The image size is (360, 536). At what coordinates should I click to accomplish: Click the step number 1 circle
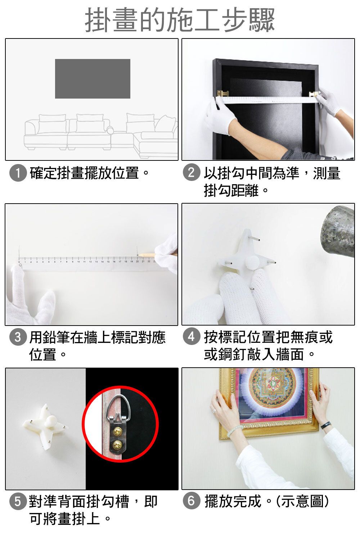coord(18,173)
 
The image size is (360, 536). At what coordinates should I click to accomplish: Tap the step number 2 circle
coord(191,173)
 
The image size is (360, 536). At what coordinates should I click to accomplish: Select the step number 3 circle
coord(18,337)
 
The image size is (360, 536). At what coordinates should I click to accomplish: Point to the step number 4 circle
coord(191,337)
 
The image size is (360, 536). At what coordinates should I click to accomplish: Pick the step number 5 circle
coord(18,501)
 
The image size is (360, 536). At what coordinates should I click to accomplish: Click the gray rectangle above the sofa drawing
coord(93,79)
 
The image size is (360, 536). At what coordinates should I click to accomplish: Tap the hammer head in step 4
coord(338,231)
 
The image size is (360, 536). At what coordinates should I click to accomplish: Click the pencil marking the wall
coord(147,255)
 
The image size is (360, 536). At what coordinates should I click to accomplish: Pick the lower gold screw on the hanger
coord(118,445)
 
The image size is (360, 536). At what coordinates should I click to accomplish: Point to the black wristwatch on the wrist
coord(326,425)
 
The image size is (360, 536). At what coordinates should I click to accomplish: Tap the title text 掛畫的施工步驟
coord(180,20)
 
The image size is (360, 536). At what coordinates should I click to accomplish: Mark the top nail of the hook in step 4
coord(254,239)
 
